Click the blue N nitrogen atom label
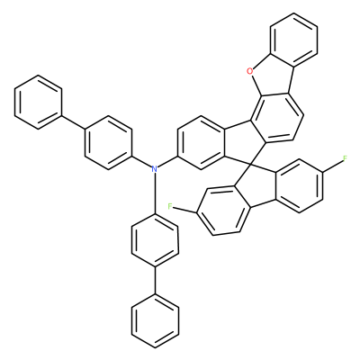click(x=155, y=168)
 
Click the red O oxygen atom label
click(x=249, y=71)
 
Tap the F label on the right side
click(x=345, y=158)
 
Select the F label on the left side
click(x=170, y=206)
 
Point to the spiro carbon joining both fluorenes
click(x=251, y=165)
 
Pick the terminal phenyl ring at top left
click(x=38, y=103)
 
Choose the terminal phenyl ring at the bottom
click(x=155, y=321)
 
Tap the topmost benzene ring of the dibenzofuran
click(x=293, y=40)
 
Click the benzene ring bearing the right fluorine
click(x=300, y=186)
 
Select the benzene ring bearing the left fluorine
click(x=222, y=211)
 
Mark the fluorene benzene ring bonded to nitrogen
click(x=201, y=143)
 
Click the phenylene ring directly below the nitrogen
click(x=155, y=240)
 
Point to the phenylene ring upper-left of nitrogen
click(x=108, y=143)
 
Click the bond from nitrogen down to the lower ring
click(x=155, y=193)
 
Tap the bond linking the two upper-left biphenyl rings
click(x=73, y=122)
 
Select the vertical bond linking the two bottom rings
click(x=155, y=281)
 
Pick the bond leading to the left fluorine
click(x=184, y=210)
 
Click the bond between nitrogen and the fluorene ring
click(x=168, y=161)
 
